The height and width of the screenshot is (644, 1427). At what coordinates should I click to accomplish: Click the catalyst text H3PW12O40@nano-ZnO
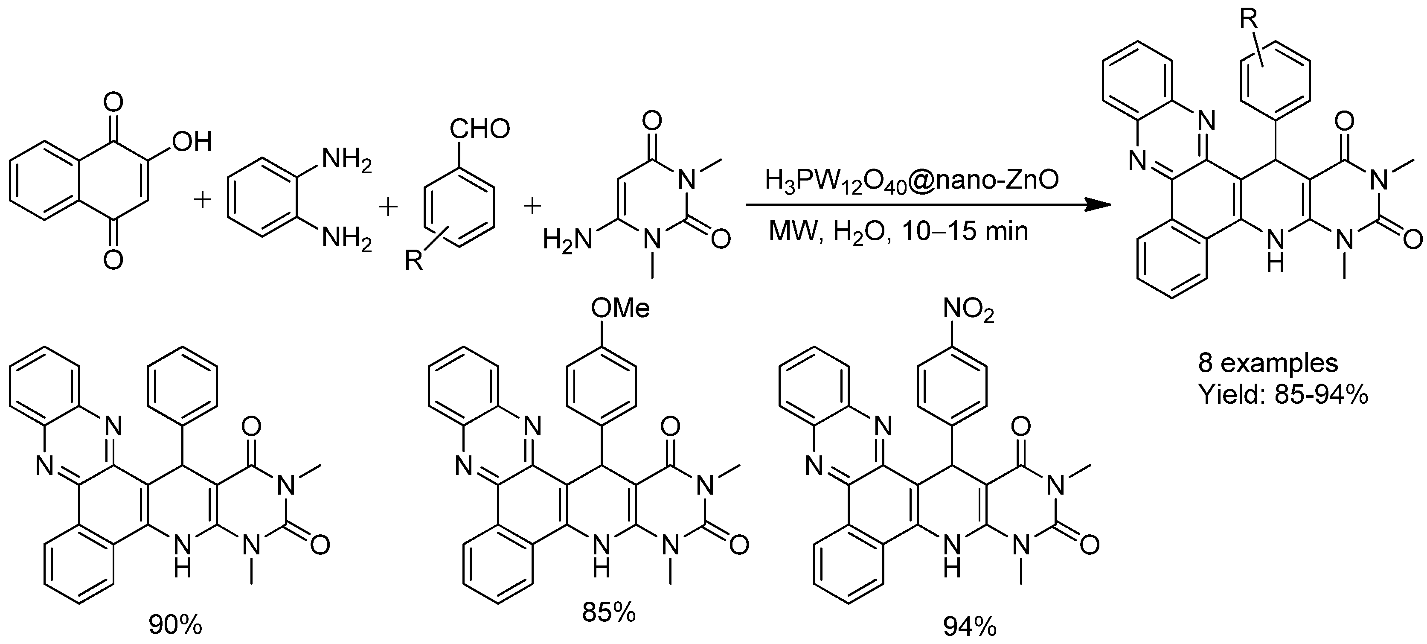coord(911,182)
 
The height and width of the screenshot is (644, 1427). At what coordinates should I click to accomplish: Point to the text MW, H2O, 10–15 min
coord(898,231)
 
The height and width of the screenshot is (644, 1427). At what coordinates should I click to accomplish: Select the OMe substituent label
coord(620,308)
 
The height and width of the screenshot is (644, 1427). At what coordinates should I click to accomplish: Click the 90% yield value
coord(176,626)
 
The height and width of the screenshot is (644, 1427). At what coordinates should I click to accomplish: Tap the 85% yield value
coord(608,612)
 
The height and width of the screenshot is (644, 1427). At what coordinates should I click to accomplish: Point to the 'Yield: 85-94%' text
coord(1283,395)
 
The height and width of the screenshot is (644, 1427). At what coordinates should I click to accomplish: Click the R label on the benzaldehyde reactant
coord(414,259)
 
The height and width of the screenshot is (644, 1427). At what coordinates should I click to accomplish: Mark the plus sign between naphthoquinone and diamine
coord(203,200)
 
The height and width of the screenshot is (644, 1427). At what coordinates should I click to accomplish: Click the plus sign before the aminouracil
coord(532,207)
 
